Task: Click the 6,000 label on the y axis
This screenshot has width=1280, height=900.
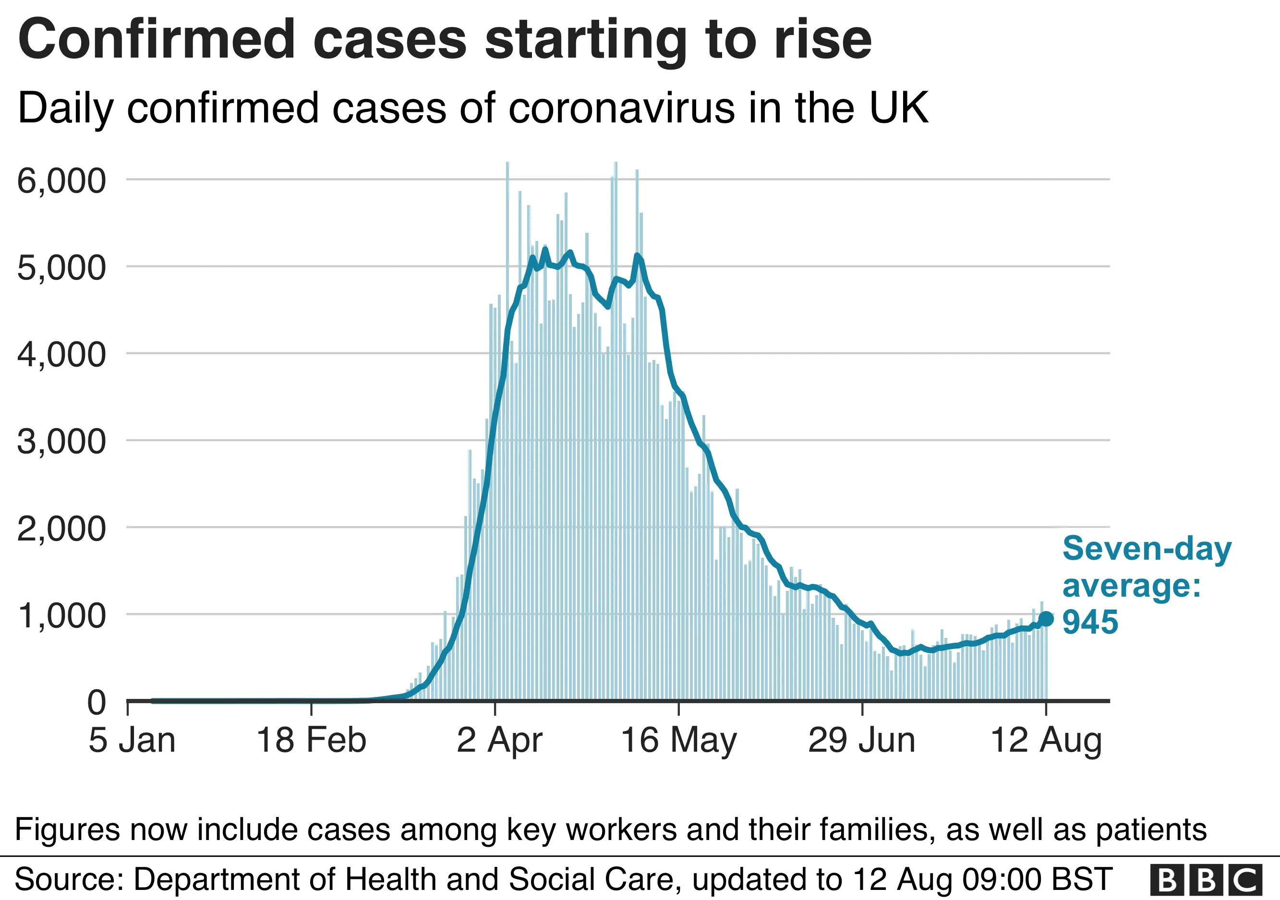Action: click(x=61, y=181)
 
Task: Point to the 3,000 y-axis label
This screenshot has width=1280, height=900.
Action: click(x=61, y=442)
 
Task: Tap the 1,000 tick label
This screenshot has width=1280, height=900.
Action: click(x=61, y=616)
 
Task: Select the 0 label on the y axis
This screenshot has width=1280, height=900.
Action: click(x=97, y=702)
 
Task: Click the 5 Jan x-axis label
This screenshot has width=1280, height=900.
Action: click(x=132, y=741)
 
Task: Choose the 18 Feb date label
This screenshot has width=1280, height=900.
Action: click(x=311, y=741)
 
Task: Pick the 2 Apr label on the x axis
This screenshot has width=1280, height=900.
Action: click(x=499, y=741)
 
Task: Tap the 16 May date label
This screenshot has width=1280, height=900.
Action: click(x=678, y=741)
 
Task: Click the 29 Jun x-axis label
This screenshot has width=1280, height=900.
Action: click(x=862, y=741)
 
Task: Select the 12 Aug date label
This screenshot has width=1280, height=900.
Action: click(x=1046, y=741)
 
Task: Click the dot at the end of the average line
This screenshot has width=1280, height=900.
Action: click(x=1046, y=619)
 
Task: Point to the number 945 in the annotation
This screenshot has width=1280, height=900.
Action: click(x=1090, y=623)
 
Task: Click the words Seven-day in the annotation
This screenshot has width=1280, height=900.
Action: click(x=1147, y=549)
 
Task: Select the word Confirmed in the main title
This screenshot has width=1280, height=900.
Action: click(x=156, y=40)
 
